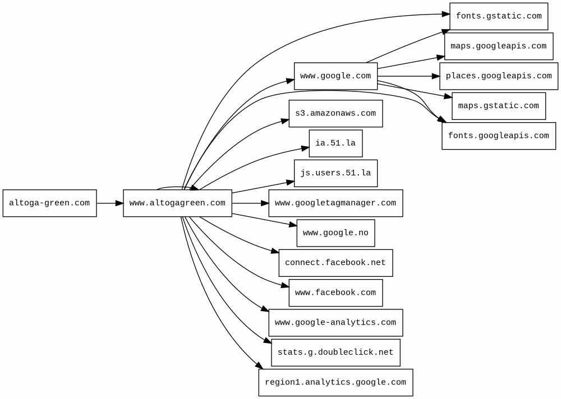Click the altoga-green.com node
click(49, 203)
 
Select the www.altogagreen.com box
click(177, 203)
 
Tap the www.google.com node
click(335, 76)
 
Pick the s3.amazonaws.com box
click(335, 113)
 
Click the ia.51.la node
click(335, 143)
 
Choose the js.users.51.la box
click(335, 173)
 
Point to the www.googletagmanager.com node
click(335, 203)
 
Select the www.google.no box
click(335, 233)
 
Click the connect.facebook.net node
click(335, 262)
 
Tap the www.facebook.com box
click(335, 293)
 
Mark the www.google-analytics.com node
click(335, 322)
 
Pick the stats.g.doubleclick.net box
click(335, 352)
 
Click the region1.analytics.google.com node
click(335, 382)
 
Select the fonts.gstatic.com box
click(499, 16)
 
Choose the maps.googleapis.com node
click(499, 46)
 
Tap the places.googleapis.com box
click(499, 76)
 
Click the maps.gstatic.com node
click(499, 105)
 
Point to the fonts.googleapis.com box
click(499, 136)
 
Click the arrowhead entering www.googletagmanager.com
click(264, 203)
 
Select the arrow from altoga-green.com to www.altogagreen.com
click(109, 203)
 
